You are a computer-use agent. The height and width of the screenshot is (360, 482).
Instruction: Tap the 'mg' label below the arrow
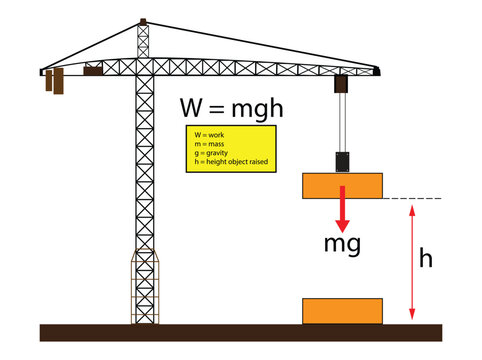coord(342,242)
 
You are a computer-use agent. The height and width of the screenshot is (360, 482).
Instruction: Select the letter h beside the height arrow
coord(425,259)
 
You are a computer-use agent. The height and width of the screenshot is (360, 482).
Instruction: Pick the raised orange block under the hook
coord(342,185)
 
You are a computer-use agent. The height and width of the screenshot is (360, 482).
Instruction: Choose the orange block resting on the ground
coord(342,311)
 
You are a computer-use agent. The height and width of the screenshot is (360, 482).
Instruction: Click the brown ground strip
coord(240,333)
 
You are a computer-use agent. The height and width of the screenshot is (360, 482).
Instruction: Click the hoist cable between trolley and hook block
coord(342,120)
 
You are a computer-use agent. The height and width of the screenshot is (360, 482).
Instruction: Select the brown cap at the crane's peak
coord(144,21)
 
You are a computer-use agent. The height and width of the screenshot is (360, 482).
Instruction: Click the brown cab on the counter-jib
coord(94,71)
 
